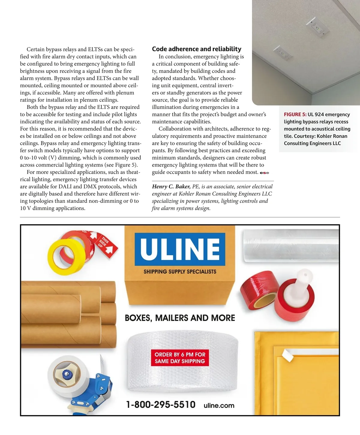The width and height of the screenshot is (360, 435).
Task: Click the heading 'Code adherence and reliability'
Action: coord(196,49)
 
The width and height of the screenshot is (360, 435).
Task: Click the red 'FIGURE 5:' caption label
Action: coord(295,115)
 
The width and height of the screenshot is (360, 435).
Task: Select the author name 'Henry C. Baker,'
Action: coord(171,187)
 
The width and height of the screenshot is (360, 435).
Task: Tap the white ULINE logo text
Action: coord(180,249)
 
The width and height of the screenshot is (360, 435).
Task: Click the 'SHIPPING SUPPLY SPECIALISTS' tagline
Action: coord(180,272)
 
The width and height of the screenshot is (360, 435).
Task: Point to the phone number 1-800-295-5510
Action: coord(161,405)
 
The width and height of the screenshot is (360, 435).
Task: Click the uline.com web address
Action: coord(219,406)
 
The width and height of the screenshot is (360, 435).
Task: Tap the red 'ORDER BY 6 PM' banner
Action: coord(180,358)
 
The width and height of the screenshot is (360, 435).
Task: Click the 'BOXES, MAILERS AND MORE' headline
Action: coord(180,318)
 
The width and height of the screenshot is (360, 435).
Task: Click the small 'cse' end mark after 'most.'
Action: coord(264,173)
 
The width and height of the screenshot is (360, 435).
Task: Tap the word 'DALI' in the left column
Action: coord(65,187)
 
